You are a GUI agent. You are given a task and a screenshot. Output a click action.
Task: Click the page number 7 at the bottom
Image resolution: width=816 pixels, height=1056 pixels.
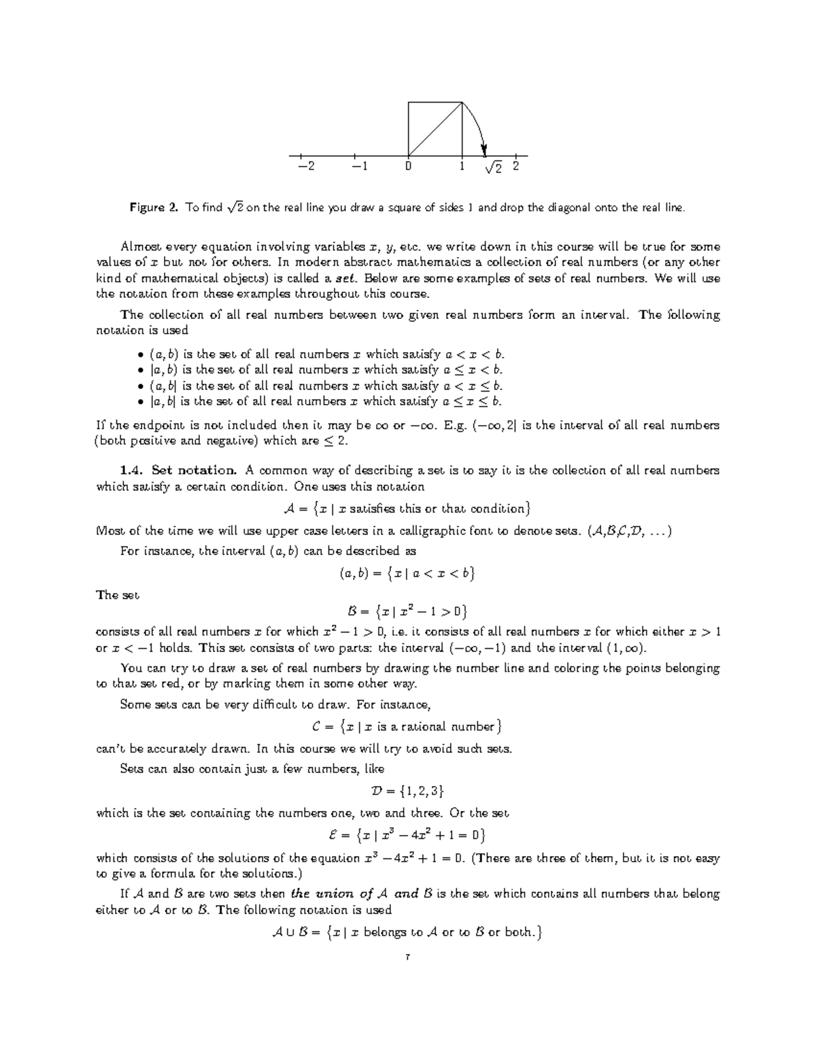(x=407, y=958)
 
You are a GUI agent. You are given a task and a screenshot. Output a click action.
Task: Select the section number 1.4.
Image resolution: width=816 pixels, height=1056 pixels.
(x=131, y=470)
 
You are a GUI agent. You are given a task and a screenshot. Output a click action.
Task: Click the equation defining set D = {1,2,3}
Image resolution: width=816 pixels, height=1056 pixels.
(x=407, y=791)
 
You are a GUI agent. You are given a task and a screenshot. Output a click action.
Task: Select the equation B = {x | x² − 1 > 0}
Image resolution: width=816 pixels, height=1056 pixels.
(x=407, y=610)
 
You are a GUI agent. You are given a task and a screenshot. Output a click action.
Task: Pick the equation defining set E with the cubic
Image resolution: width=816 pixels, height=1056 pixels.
(x=407, y=834)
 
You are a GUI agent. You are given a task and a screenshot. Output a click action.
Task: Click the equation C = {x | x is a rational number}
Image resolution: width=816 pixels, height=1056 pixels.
(x=407, y=726)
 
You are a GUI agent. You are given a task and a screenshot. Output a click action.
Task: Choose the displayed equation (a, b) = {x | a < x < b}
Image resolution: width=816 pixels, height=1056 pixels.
(x=407, y=573)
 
